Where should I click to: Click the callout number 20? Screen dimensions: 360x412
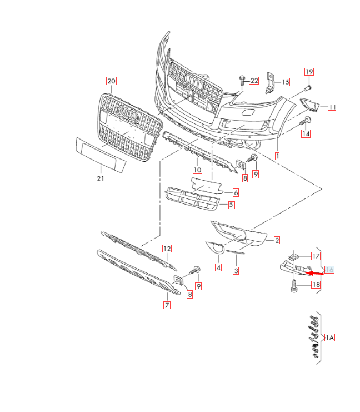[x=111, y=81]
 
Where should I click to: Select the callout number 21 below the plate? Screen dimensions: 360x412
[x=100, y=178]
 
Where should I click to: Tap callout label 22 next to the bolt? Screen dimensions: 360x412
[x=254, y=81]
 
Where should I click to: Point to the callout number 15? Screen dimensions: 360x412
[x=285, y=82]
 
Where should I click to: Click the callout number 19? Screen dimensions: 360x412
[x=309, y=72]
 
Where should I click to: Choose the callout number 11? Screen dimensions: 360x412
[x=332, y=107]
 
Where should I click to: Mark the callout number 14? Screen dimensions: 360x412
[x=306, y=134]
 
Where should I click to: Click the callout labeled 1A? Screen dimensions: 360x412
[x=330, y=337]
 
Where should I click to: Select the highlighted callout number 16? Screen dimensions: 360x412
[x=329, y=270]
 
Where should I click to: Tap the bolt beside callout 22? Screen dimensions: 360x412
[x=242, y=81]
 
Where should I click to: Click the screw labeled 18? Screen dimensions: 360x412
[x=294, y=286]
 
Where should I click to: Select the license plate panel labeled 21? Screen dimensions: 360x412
[x=101, y=155]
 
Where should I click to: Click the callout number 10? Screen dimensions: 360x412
[x=197, y=170]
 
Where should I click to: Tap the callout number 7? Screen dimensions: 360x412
[x=167, y=305]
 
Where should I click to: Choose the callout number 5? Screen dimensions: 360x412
[x=231, y=205]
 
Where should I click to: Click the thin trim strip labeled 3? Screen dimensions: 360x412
[x=236, y=252]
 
